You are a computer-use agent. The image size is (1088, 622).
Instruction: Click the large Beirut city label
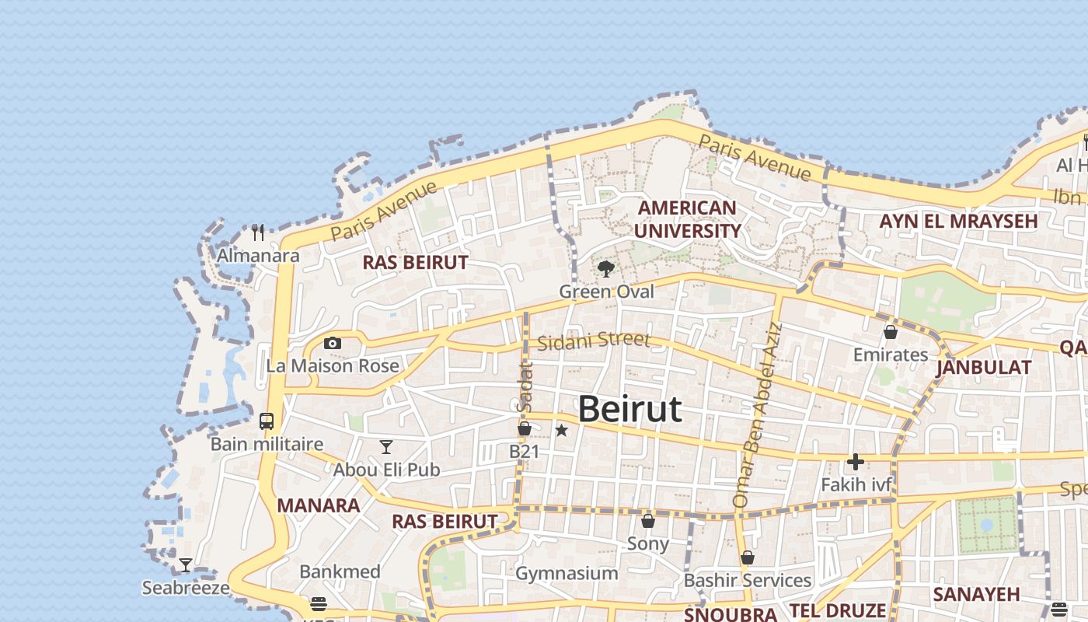629,409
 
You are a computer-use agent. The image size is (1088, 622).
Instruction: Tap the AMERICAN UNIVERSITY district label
687,219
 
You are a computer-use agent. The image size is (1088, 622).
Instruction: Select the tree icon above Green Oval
606,269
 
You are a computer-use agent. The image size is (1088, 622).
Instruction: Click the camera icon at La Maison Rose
333,343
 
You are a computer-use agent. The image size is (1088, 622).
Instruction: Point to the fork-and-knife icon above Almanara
258,232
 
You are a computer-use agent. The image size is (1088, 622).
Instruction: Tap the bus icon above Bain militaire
267,421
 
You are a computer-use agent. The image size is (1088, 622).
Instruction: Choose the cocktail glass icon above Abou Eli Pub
386,446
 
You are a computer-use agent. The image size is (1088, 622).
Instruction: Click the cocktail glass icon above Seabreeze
186,565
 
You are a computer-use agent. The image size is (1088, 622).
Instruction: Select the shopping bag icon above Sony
648,520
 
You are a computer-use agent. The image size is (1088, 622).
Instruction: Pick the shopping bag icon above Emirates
891,332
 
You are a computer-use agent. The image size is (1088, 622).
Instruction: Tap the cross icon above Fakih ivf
856,462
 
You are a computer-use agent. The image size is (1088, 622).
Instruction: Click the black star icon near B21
561,430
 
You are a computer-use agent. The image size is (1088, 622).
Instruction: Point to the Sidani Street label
593,341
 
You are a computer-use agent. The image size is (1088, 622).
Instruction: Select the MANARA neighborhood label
318,505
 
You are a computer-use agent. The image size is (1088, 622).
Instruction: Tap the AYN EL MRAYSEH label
958,221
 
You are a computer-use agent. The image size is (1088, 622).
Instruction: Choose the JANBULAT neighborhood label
983,368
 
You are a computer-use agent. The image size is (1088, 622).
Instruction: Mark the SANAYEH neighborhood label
976,595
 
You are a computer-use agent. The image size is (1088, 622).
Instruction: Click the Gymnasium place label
567,574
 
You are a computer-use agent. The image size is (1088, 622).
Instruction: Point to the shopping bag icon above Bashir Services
748,557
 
